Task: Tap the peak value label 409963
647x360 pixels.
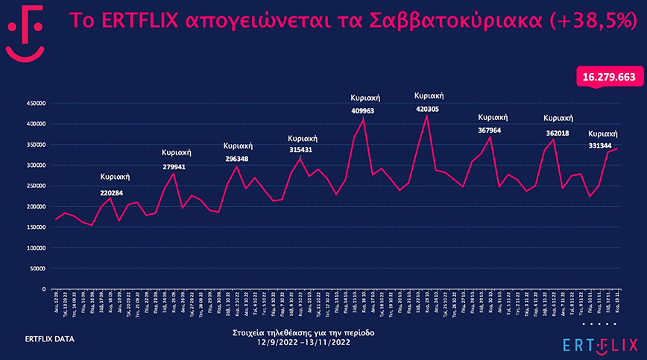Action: [363, 111]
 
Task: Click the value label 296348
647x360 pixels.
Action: [237, 159]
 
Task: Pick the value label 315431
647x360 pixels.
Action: [302, 151]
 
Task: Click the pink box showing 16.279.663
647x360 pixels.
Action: [609, 77]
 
